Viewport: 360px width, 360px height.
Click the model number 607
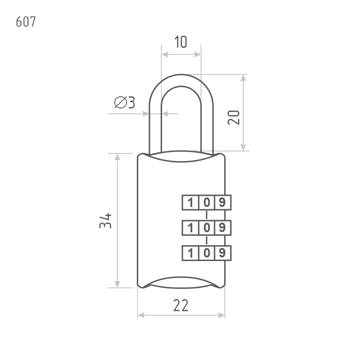coord(25,22)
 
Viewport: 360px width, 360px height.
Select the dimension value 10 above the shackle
coord(180,42)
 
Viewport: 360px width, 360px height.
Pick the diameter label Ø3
coord(125,103)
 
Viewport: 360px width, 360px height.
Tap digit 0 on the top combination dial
coord(207,202)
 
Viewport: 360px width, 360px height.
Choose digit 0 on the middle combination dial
coord(207,228)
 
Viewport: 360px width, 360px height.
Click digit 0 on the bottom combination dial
coord(207,253)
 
